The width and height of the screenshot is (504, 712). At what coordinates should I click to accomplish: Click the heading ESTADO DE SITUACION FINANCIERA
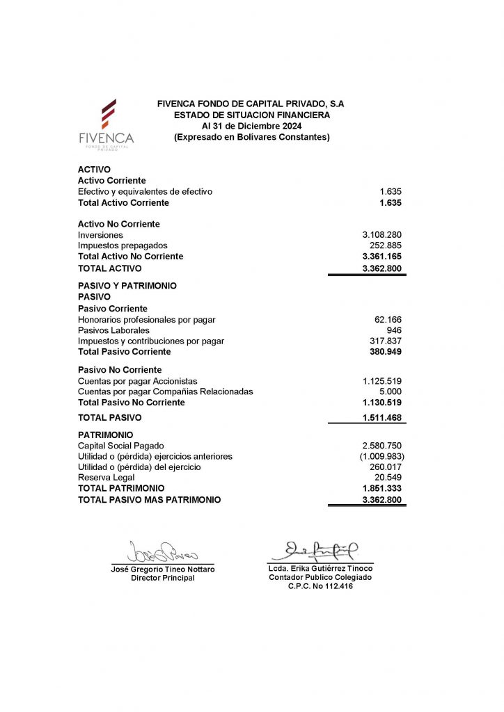click(251, 115)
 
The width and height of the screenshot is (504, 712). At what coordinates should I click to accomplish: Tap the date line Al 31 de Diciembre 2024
click(251, 126)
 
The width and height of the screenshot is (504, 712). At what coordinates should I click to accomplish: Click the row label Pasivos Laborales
click(113, 330)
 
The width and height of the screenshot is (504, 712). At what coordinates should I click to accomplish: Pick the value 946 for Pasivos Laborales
click(394, 330)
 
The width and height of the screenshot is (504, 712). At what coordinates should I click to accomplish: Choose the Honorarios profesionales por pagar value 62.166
click(388, 320)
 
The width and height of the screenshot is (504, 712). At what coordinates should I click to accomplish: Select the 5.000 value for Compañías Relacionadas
click(390, 391)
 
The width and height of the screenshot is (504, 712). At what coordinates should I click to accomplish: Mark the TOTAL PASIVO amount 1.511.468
click(382, 418)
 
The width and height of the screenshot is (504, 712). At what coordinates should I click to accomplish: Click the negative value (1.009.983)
click(380, 456)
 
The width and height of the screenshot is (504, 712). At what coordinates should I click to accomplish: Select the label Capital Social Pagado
click(121, 446)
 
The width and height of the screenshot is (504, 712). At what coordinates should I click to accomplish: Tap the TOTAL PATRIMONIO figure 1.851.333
click(382, 489)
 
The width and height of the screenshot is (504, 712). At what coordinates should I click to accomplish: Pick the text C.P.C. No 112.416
click(320, 587)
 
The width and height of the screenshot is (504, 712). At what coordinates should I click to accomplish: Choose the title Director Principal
click(163, 578)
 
